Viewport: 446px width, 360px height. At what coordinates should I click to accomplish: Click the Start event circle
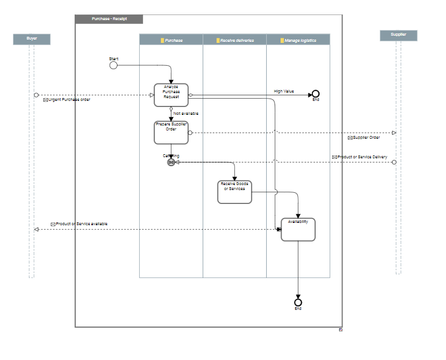[x=114, y=65]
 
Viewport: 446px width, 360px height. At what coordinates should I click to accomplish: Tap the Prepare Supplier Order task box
[x=171, y=133]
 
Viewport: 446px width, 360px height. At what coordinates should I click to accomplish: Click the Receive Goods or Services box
[x=234, y=192]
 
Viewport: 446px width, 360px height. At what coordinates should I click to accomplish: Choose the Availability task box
[x=298, y=229]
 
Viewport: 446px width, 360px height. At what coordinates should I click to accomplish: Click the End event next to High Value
[x=316, y=94]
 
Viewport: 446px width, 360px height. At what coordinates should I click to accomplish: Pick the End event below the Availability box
[x=298, y=302]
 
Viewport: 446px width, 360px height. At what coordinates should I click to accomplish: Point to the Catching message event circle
[x=171, y=162]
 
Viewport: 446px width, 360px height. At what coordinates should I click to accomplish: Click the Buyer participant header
[x=32, y=39]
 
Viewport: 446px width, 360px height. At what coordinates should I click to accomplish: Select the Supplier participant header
[x=398, y=35]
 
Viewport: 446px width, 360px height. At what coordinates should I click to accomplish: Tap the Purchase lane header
[x=171, y=40]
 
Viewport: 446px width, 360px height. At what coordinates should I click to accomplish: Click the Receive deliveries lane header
[x=234, y=40]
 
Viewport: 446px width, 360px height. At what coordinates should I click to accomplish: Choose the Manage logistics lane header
[x=298, y=40]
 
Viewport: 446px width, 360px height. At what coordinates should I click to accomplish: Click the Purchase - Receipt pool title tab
[x=109, y=19]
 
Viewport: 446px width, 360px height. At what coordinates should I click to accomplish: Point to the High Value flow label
[x=284, y=91]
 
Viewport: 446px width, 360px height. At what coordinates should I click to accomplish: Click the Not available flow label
[x=186, y=113]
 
